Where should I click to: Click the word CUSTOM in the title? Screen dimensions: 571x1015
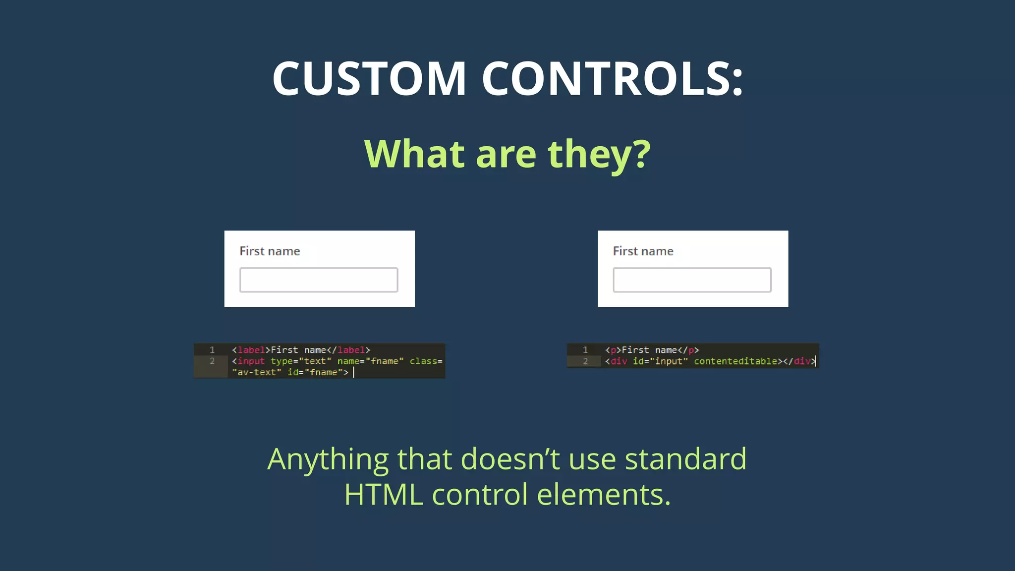click(x=369, y=78)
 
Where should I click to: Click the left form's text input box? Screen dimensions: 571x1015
click(x=319, y=280)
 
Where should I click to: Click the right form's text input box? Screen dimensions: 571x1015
click(x=692, y=280)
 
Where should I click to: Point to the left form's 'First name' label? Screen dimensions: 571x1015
click(x=270, y=251)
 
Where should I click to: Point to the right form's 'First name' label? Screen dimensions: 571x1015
click(x=643, y=251)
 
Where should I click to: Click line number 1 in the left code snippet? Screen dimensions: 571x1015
click(x=212, y=350)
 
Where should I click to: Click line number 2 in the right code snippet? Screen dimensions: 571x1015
click(x=585, y=361)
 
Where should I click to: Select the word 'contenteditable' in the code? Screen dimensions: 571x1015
click(x=735, y=361)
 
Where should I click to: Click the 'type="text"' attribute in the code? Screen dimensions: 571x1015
click(x=301, y=361)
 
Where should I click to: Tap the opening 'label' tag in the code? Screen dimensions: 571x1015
click(x=251, y=350)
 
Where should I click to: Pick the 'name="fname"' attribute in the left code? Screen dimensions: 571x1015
click(x=370, y=361)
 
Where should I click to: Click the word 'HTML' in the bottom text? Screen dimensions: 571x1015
click(x=384, y=495)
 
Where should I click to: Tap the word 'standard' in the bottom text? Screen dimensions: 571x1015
click(x=685, y=458)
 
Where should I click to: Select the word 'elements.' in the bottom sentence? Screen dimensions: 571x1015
click(x=604, y=495)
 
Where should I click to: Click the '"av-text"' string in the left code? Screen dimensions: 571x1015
click(x=257, y=372)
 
